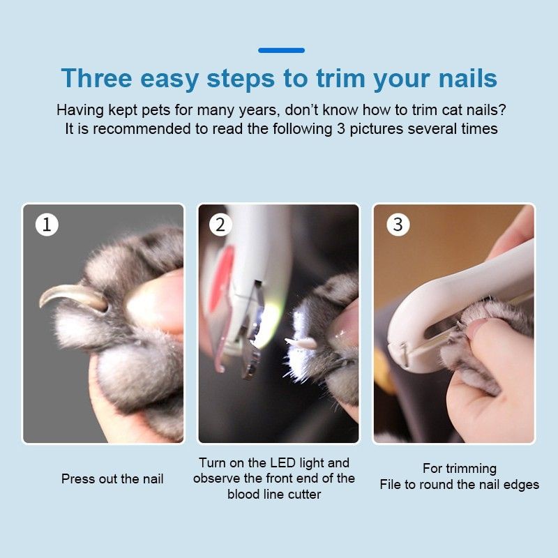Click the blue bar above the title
point(281,50)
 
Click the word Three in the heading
point(96,78)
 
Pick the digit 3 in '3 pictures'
point(340,129)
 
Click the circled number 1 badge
point(47,225)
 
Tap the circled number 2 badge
point(220,225)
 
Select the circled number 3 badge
point(398,225)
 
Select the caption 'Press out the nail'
point(112,478)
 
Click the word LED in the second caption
point(282,462)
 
